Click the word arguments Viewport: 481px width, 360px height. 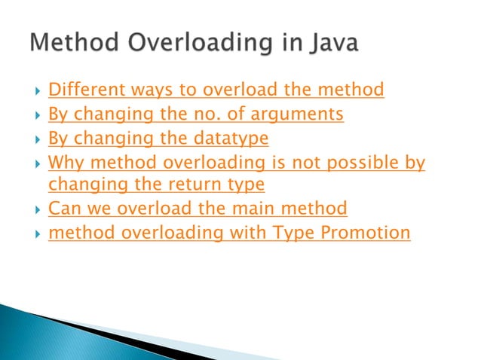(299, 115)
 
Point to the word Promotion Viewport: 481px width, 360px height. (366, 233)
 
